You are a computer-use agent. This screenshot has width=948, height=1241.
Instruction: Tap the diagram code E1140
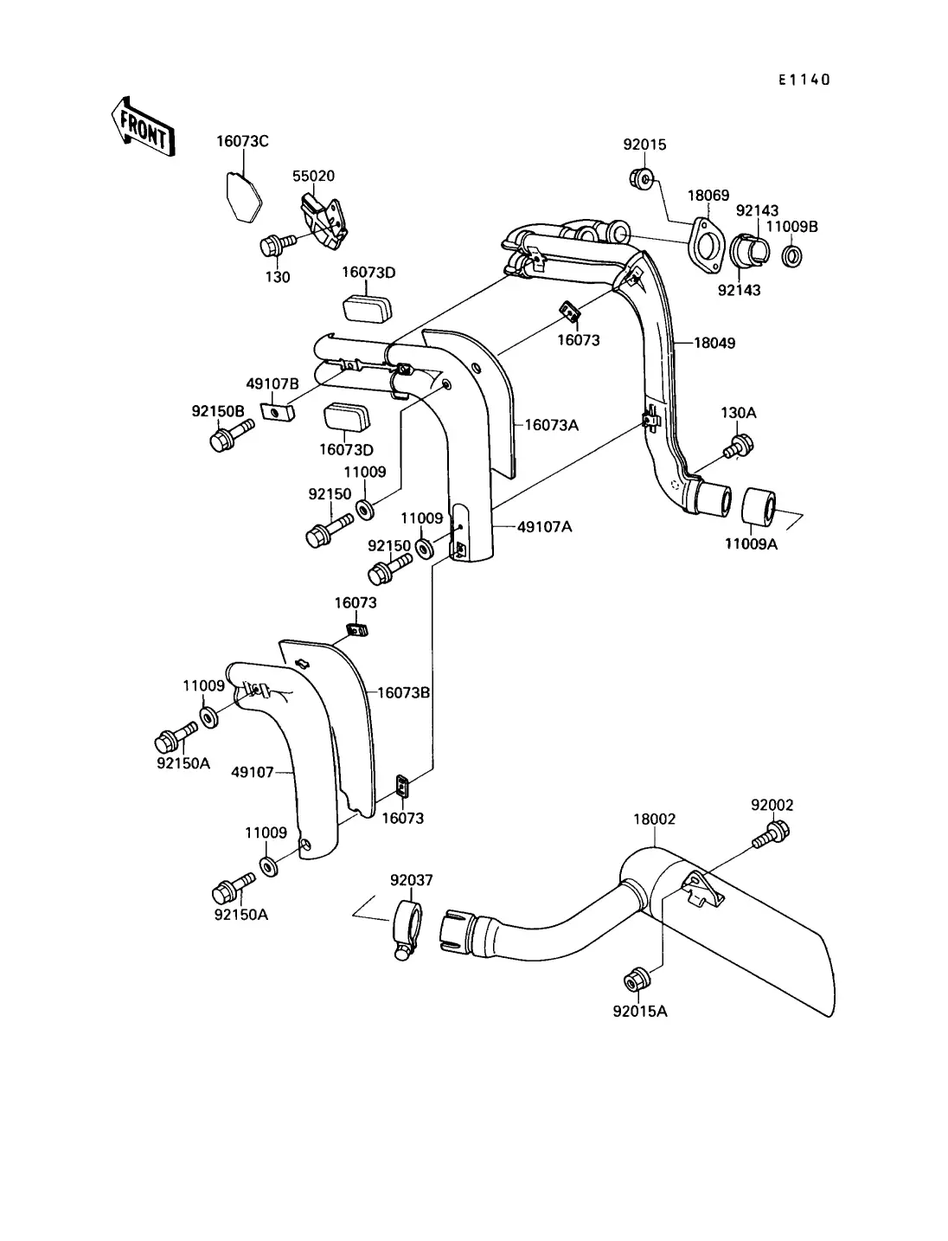click(x=804, y=80)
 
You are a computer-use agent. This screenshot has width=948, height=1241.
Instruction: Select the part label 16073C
click(x=242, y=141)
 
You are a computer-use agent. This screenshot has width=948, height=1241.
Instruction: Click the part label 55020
click(x=314, y=176)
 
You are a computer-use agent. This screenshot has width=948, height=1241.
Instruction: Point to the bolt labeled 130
click(x=278, y=245)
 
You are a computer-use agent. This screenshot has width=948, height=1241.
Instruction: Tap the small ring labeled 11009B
click(x=791, y=257)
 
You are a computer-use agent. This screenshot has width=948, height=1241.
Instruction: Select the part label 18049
click(x=714, y=344)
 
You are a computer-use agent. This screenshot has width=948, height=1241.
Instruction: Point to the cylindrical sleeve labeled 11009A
click(x=759, y=505)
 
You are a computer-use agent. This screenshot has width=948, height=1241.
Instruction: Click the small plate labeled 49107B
click(x=278, y=411)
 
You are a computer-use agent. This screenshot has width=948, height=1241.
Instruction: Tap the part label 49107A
click(x=545, y=527)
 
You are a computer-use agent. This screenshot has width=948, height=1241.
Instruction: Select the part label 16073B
click(x=403, y=692)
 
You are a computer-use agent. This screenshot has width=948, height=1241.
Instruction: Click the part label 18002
click(x=654, y=819)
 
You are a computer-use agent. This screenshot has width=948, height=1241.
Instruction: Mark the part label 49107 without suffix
click(x=252, y=772)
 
